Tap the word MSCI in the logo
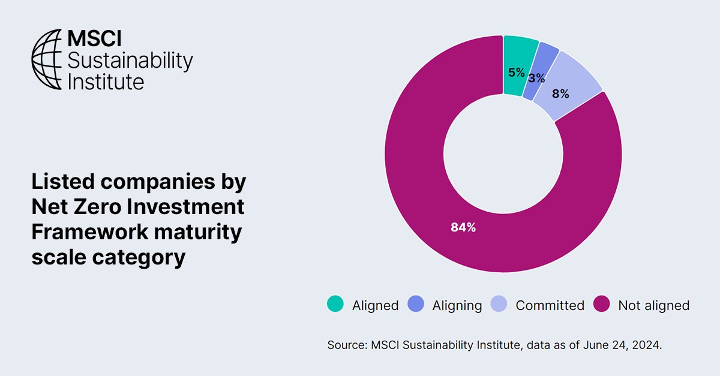click(x=94, y=40)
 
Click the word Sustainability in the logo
click(x=130, y=60)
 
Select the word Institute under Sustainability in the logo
click(x=106, y=80)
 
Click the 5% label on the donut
click(x=516, y=73)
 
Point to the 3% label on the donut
click(x=536, y=78)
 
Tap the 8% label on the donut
click(x=560, y=94)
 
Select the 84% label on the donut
click(x=463, y=227)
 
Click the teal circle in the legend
click(x=335, y=304)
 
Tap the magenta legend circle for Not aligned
click(x=601, y=304)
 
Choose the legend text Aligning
click(x=457, y=305)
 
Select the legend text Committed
click(x=550, y=305)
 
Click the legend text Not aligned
click(x=653, y=305)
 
